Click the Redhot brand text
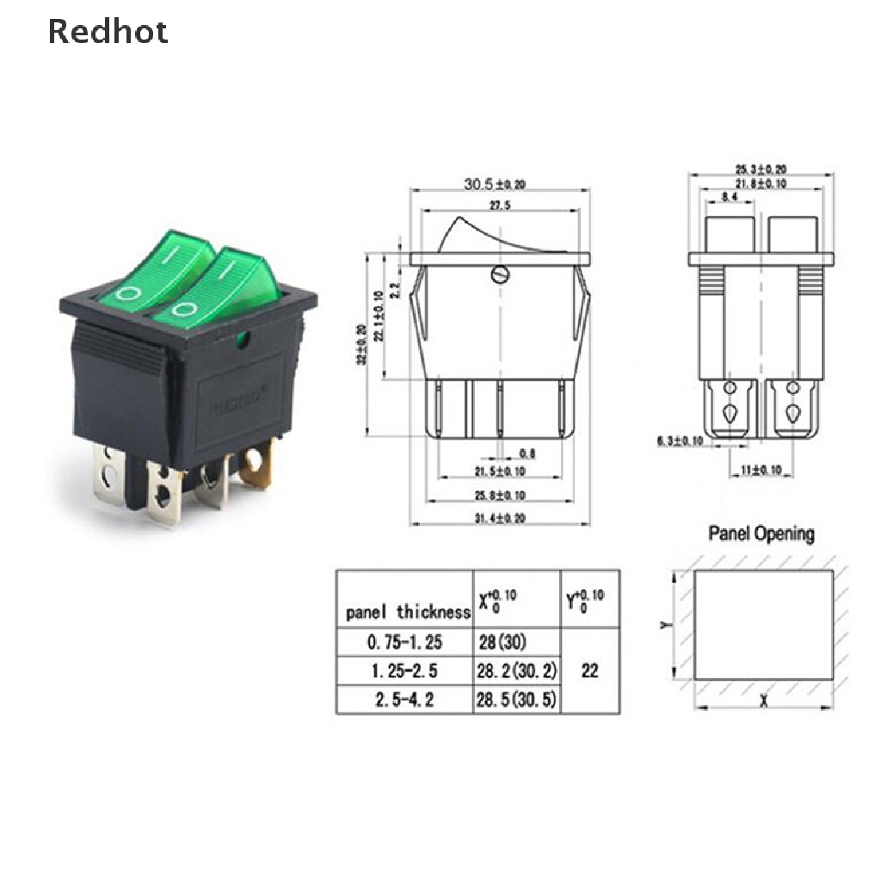[x=108, y=32]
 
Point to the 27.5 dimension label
[x=499, y=206]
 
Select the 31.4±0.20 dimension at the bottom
[x=499, y=517]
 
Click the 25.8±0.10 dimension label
[x=499, y=496]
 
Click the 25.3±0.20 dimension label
[x=761, y=169]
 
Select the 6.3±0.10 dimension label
[x=679, y=441]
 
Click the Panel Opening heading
[x=761, y=533]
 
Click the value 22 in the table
[x=589, y=670]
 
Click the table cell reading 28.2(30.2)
[x=515, y=670]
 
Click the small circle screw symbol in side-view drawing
[x=499, y=275]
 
